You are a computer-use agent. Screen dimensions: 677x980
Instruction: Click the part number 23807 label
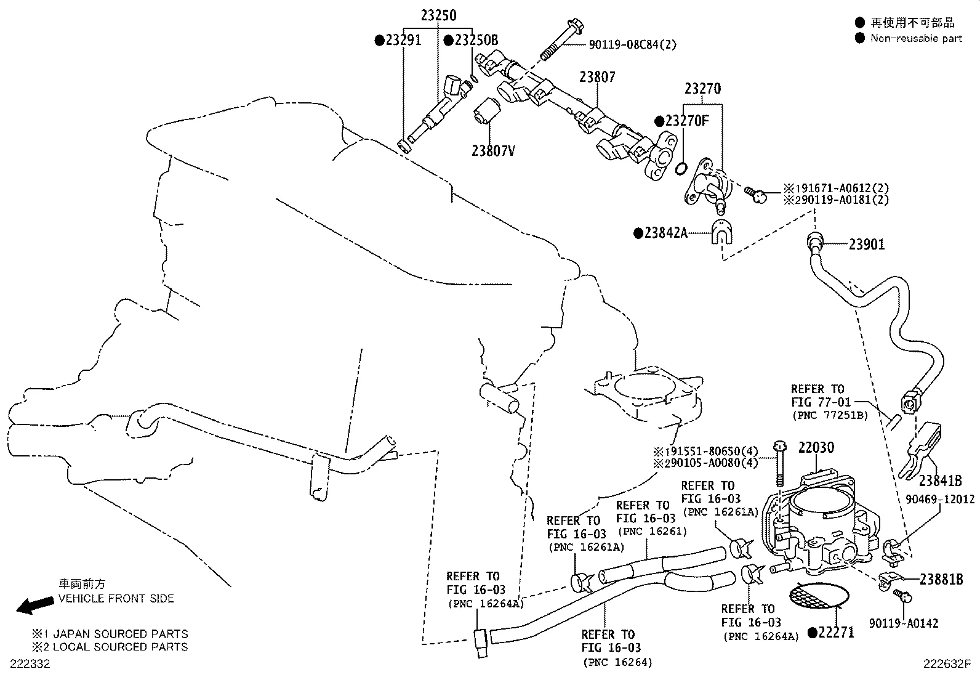596,77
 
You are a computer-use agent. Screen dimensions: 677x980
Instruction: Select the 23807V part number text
492,150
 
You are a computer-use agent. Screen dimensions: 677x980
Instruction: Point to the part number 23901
866,245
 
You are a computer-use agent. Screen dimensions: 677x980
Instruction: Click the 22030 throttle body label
816,447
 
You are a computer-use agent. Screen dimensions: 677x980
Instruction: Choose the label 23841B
940,480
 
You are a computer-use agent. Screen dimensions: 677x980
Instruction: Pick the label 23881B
941,579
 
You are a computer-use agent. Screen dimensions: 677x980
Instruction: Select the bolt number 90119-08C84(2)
632,44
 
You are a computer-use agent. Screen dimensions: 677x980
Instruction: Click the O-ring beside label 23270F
681,168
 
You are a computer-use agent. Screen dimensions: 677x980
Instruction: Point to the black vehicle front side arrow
34,605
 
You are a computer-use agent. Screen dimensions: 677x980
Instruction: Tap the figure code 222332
30,663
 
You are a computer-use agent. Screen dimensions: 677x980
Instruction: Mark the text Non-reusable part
915,38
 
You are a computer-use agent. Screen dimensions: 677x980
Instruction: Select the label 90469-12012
939,499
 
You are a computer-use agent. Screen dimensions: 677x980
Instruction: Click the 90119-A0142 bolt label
903,623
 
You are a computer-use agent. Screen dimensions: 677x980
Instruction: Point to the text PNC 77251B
829,415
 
